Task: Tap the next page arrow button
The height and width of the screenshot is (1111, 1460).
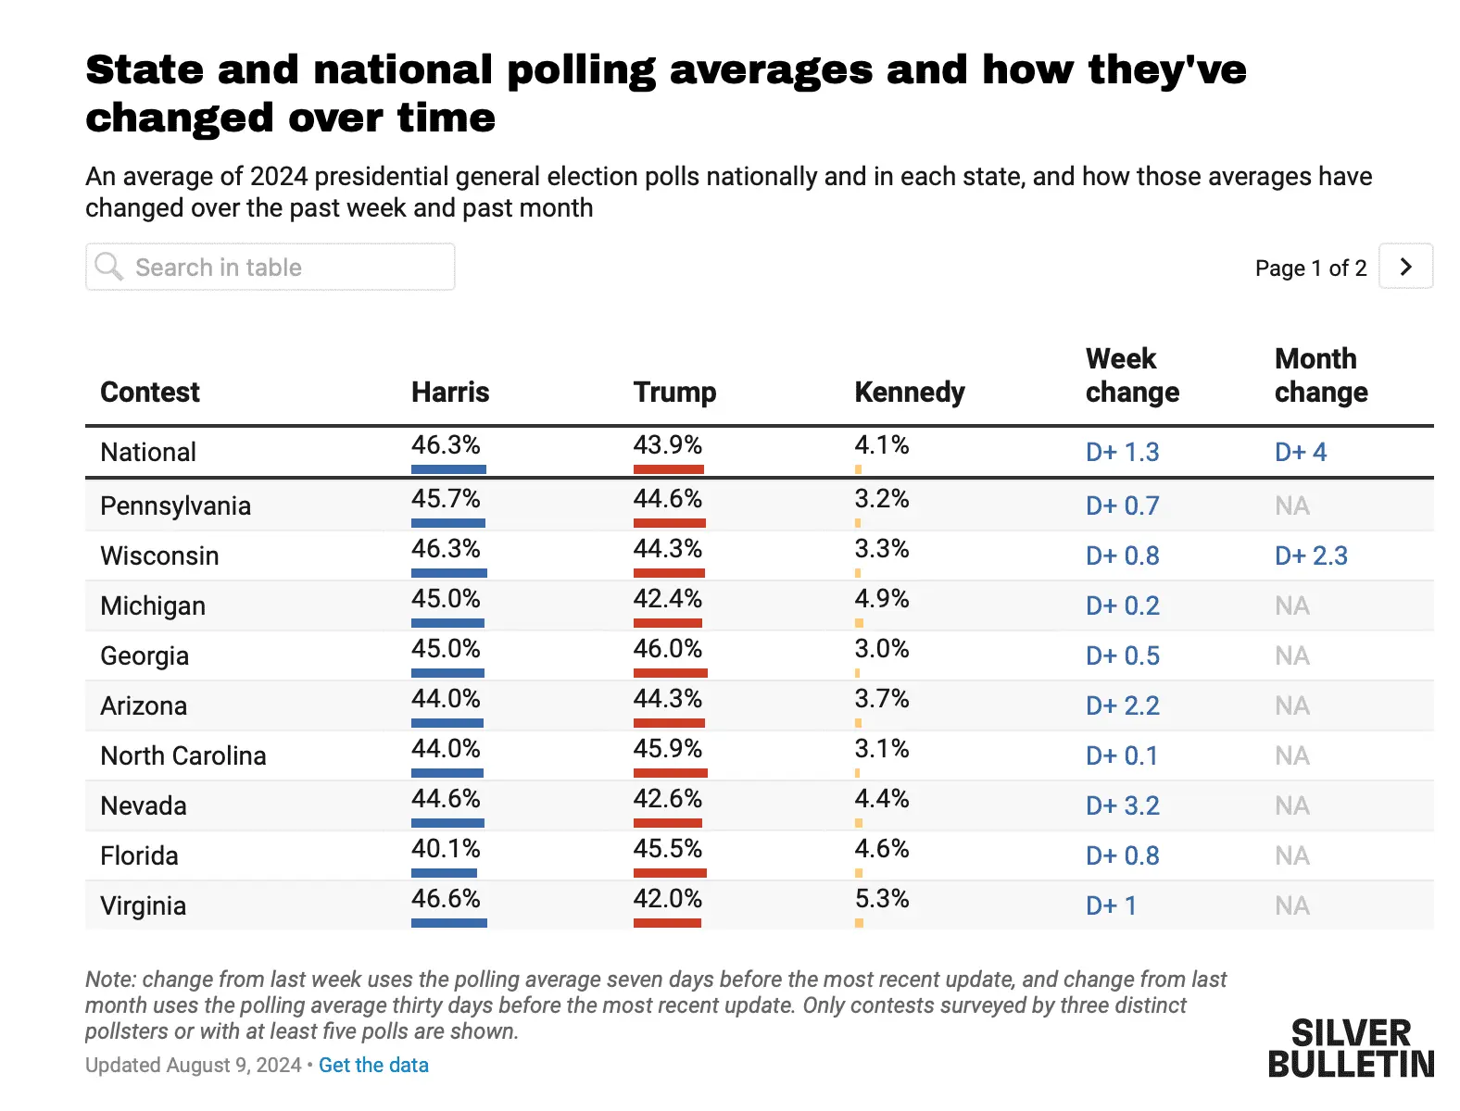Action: pos(1405,267)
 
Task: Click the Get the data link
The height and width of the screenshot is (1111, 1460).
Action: pos(373,1065)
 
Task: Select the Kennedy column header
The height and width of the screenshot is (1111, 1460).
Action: pos(909,392)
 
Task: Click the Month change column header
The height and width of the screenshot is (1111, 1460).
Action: pos(1320,375)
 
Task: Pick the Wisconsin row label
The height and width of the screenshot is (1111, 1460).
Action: pos(159,555)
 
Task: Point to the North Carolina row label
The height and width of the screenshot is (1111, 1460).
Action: pos(182,755)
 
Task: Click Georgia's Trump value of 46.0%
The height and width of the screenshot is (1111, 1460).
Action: pos(667,648)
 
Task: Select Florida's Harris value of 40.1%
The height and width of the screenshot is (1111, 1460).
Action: pos(446,848)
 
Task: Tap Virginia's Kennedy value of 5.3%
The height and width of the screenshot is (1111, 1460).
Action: pos(881,898)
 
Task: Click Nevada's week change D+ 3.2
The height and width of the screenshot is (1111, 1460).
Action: pos(1122,805)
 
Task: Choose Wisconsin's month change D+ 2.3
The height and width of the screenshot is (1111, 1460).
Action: pos(1311,555)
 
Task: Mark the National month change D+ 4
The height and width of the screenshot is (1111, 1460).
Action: pos(1301,452)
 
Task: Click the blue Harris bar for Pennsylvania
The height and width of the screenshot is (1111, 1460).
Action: pos(448,523)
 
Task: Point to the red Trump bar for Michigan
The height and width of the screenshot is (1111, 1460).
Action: pos(667,623)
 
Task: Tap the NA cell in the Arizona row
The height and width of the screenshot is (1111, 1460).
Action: pos(1291,705)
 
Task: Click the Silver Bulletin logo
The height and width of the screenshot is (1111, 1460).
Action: pos(1350,1048)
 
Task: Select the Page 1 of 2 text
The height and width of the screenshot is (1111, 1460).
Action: pos(1310,268)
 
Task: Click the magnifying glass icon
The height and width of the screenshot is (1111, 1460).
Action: pos(109,267)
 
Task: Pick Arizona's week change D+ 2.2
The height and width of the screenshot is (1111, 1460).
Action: pos(1122,705)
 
